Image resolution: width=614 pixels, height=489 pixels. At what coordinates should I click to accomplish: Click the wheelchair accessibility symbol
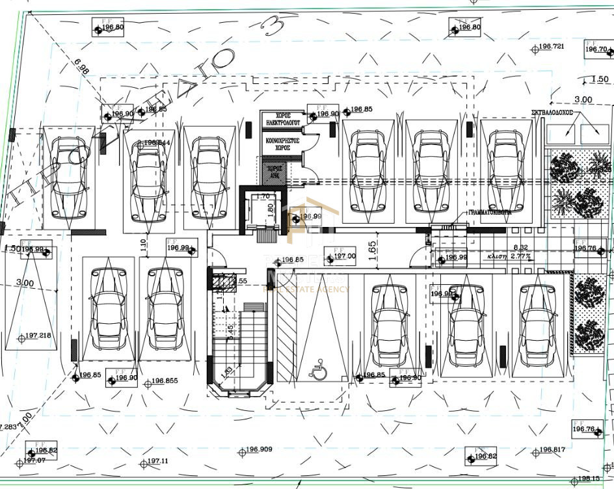point(319,371)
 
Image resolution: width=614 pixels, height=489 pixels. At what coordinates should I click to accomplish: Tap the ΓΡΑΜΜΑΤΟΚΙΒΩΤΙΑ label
point(490,213)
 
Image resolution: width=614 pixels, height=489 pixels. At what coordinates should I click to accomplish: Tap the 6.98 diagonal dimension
point(81,66)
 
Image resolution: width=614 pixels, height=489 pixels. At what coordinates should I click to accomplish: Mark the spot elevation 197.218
point(37,336)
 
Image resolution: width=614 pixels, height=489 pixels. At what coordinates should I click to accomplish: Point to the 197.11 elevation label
point(157,461)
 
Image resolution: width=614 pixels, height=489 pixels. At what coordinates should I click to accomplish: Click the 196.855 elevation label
point(165,382)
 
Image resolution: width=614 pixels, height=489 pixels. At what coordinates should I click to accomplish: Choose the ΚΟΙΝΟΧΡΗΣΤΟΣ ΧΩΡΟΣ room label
point(282,143)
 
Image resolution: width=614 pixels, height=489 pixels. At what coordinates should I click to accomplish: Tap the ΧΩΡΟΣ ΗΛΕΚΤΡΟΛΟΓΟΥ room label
point(282,118)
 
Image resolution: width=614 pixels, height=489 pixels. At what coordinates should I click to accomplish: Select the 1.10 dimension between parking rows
point(143,244)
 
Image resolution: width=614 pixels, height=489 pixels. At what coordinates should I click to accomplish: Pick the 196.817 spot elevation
point(552,450)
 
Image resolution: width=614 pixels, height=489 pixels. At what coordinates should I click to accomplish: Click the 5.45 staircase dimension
point(230,333)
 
